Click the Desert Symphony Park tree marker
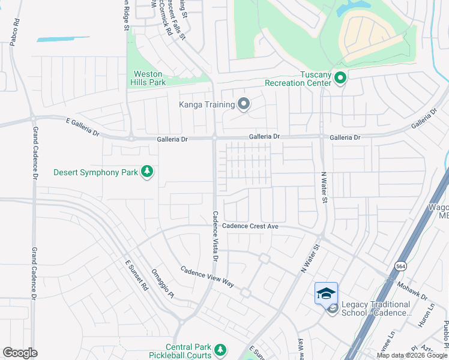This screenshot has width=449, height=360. (147, 172)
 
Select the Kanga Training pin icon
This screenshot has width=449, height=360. (243, 105)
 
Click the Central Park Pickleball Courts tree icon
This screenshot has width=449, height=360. (220, 349)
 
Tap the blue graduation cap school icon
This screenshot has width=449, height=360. (326, 293)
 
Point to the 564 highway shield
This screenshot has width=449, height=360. (400, 265)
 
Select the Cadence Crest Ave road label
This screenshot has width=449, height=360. (250, 226)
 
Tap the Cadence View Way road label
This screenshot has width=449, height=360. (207, 276)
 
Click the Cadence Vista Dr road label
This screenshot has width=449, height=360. (215, 236)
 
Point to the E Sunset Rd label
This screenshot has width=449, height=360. (136, 275)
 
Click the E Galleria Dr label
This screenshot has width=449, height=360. (82, 126)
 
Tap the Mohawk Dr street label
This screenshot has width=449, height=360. (415, 293)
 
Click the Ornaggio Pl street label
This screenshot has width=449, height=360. (162, 282)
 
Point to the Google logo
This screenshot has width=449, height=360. (20, 353)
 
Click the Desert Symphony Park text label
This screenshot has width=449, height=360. (96, 172)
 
